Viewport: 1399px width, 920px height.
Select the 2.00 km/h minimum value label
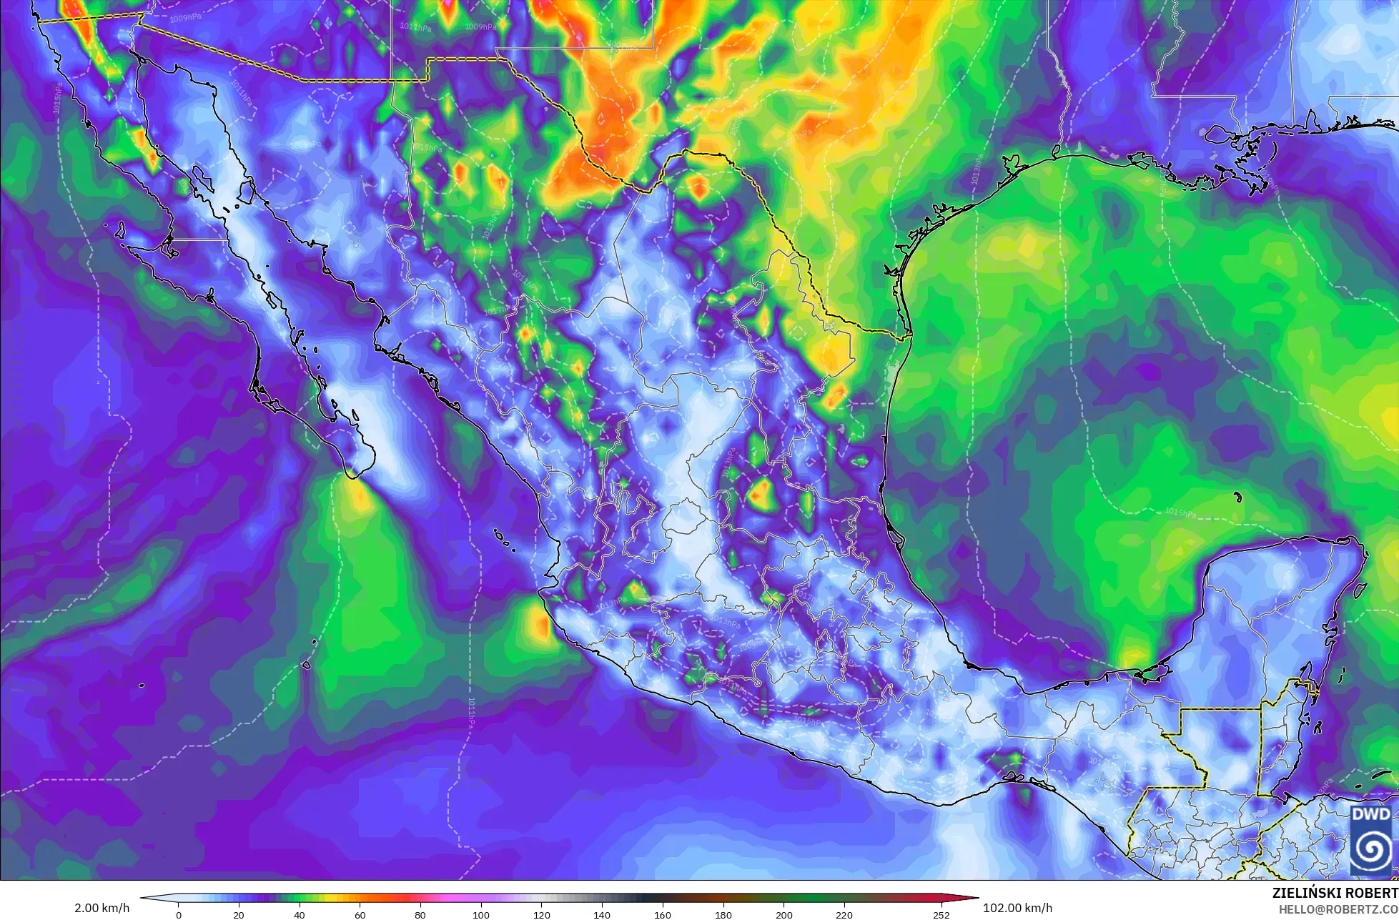tap(102, 908)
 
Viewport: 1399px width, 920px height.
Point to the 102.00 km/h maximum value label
tap(1018, 908)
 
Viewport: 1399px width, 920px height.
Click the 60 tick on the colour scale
tap(360, 915)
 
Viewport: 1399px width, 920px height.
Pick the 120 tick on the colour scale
tap(541, 915)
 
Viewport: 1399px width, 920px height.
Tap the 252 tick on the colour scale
tap(941, 915)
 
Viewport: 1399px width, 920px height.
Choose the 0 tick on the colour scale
tap(179, 915)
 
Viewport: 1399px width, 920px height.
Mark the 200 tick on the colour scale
tap(783, 915)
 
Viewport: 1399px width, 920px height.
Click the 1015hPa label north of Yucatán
tap(1180, 513)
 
